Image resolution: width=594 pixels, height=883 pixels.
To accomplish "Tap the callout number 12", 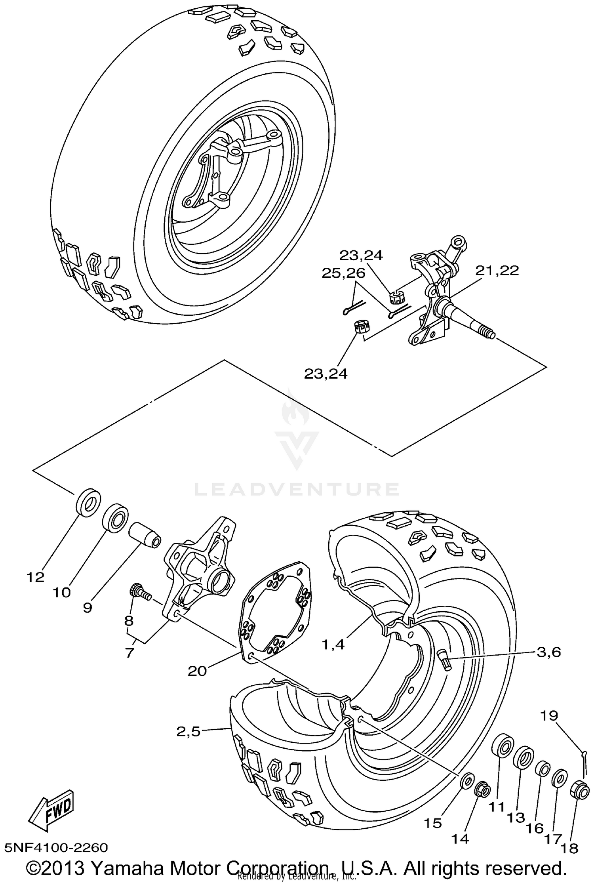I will [36, 577].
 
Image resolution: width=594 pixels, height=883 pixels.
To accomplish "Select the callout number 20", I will [197, 671].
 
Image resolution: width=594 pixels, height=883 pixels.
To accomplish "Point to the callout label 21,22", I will [497, 271].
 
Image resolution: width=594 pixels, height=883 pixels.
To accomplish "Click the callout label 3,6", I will [548, 652].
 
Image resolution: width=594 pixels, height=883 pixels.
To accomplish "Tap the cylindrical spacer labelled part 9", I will [145, 535].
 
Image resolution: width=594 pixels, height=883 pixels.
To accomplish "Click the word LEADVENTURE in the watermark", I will [296, 490].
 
